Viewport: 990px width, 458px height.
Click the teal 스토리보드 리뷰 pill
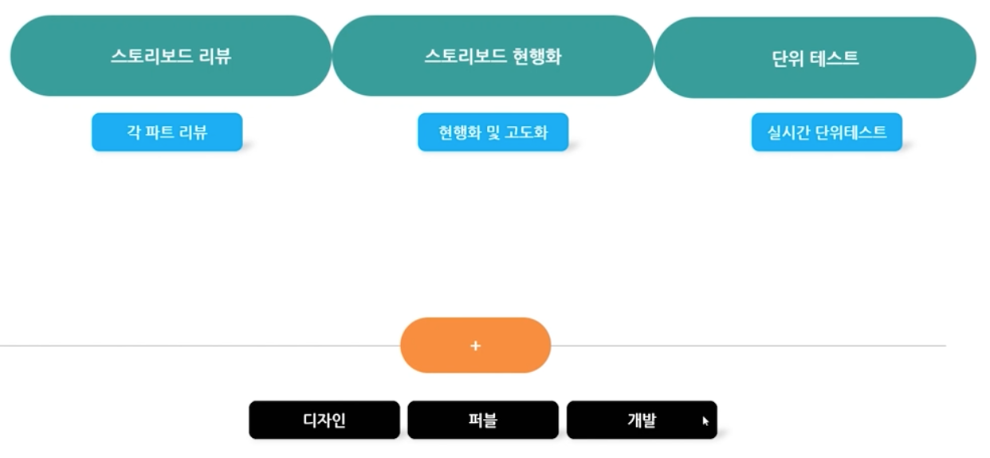click(x=171, y=56)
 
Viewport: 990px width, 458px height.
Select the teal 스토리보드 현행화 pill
click(x=493, y=56)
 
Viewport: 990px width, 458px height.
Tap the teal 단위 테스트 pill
click(x=815, y=57)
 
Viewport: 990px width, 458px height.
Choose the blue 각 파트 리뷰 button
click(x=167, y=132)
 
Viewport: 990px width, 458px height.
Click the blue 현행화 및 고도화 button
click(x=493, y=132)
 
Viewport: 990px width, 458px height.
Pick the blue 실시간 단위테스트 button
click(x=827, y=132)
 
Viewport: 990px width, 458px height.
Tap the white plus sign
click(x=476, y=345)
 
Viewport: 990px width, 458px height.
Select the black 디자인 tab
click(x=324, y=420)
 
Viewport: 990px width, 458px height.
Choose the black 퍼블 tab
click(x=482, y=420)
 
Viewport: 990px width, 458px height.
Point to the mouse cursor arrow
click(x=705, y=420)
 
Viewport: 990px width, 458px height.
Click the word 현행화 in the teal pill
click(x=538, y=56)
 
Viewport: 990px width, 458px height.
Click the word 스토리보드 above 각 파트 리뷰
click(x=149, y=56)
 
